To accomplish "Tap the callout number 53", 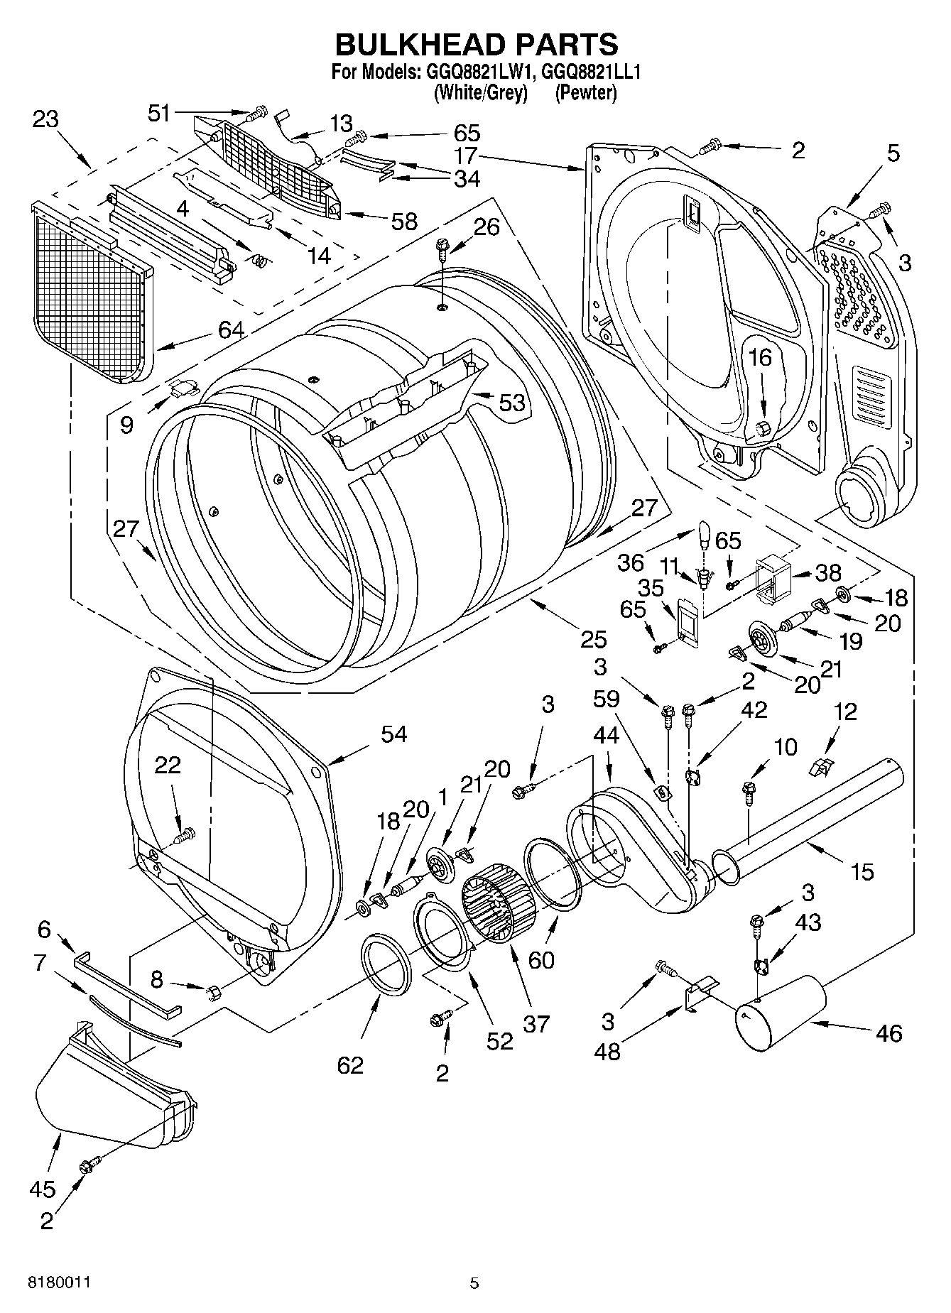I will (511, 403).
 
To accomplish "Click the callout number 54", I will (393, 734).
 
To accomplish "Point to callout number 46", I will (888, 1033).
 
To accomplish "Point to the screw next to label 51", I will (257, 111).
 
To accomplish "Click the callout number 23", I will (45, 119).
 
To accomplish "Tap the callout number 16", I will (760, 357).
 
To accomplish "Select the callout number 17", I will (467, 155).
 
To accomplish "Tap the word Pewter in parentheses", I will (586, 92).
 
